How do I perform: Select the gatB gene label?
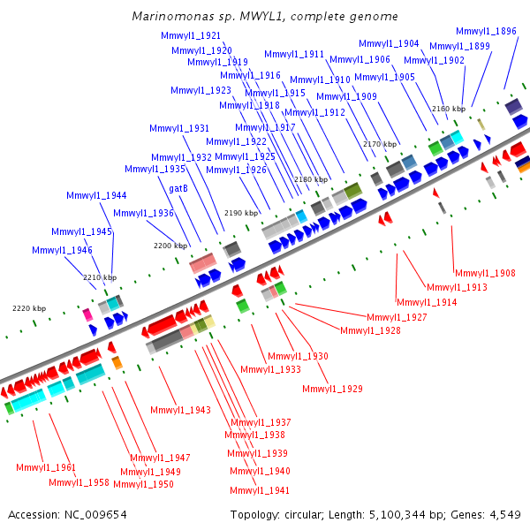coord(178,188)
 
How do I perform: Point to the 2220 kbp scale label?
coord(28,308)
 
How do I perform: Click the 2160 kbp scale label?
coord(448,109)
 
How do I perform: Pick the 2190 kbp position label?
coord(241,213)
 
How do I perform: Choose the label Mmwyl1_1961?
coord(46,467)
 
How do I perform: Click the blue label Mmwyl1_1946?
coord(62,250)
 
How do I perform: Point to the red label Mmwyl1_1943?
coord(180,410)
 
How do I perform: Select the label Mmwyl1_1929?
coord(332,389)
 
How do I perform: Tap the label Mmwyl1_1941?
coord(260,490)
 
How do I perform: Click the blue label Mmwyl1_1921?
coord(191,35)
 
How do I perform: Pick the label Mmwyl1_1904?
coord(389,43)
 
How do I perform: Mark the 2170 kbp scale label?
coord(380,144)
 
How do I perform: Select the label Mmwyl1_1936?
coord(143,213)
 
